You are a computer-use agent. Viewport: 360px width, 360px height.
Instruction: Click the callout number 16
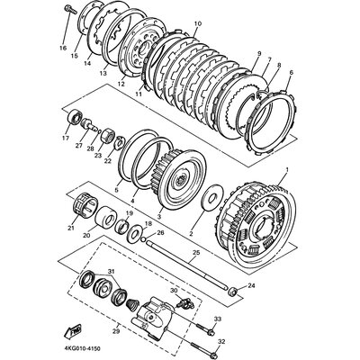pyautogui.click(x=63, y=47)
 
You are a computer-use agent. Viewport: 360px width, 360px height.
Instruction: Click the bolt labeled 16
pyautogui.click(x=69, y=13)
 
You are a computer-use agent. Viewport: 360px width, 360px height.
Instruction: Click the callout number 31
pyautogui.click(x=111, y=272)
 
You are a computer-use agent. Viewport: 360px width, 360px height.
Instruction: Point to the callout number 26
pyautogui.click(x=160, y=233)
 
